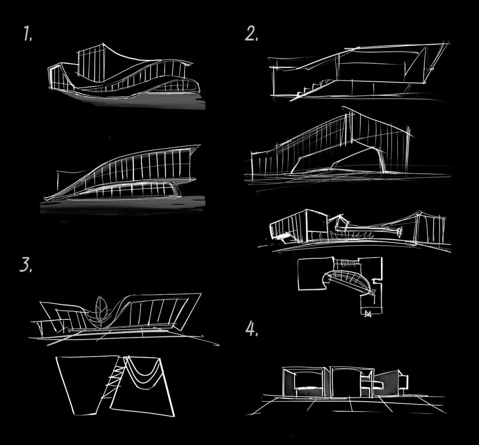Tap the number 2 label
pos(251,33)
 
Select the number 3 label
pos(26,265)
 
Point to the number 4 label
pos(252,329)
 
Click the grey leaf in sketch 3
pos(101,309)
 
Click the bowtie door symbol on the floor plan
pos(368,314)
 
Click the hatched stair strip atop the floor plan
pos(346,262)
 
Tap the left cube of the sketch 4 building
pos(306,382)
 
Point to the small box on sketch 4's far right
pos(404,380)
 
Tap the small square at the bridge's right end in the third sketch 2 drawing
pos(399,232)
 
